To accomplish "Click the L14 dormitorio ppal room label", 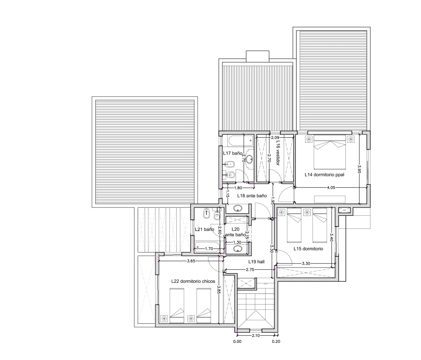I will coord(324,174).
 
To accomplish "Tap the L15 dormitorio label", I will coord(308,249).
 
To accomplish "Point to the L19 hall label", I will coord(256,261).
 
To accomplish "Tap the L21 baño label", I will coord(204,229).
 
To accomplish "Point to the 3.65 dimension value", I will coord(191,261).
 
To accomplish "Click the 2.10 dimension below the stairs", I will coord(255,335).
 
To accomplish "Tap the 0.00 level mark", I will coord(237,341).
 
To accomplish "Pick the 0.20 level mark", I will coord(276,341).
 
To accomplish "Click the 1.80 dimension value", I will coord(238,188).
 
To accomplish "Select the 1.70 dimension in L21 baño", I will coord(209,249).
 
